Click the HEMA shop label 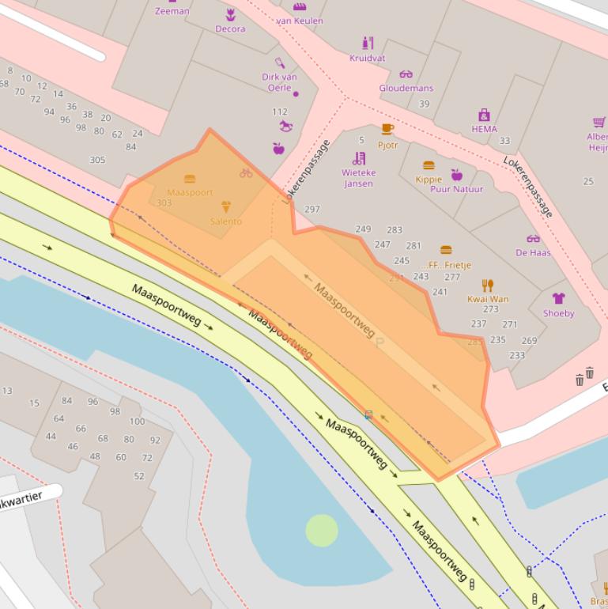click(x=484, y=129)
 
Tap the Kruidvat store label click(x=367, y=58)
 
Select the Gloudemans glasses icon click(x=406, y=74)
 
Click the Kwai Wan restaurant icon click(x=488, y=286)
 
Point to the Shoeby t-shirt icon click(x=558, y=298)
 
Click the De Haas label click(x=533, y=252)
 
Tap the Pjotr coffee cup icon click(x=387, y=129)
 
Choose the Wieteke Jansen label click(x=358, y=178)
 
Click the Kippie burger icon click(x=429, y=165)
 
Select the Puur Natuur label click(x=456, y=189)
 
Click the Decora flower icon click(x=230, y=14)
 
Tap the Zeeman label click(x=172, y=11)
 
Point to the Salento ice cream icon click(x=226, y=207)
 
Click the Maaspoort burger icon click(x=190, y=180)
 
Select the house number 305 click(x=97, y=160)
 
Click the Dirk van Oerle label click(x=279, y=82)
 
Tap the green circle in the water click(x=322, y=530)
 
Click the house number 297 click(x=312, y=210)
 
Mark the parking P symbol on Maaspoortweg click(x=380, y=342)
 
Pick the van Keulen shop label click(x=300, y=21)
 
